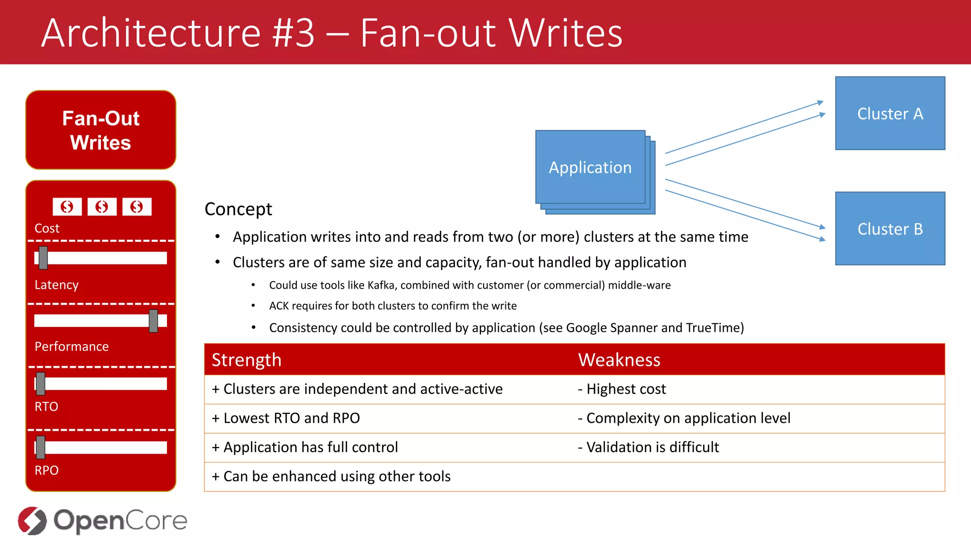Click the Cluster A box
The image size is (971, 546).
(890, 113)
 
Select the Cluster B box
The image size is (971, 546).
(890, 228)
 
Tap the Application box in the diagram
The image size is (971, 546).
(590, 167)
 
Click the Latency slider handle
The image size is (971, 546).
(43, 258)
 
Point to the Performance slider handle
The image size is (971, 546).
(153, 321)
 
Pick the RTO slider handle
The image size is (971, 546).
(41, 383)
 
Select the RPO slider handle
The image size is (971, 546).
(41, 447)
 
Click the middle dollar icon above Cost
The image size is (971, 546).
(101, 207)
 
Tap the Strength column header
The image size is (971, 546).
(247, 360)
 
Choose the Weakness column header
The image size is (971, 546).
(619, 360)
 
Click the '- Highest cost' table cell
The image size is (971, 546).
(622, 389)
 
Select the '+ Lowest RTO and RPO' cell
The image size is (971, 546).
(286, 418)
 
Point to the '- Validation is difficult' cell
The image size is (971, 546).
(648, 447)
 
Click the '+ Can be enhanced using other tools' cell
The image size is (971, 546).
(331, 476)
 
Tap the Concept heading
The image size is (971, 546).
(238, 209)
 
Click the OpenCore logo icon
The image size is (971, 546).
(32, 520)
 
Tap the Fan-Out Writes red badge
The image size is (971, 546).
(101, 130)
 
